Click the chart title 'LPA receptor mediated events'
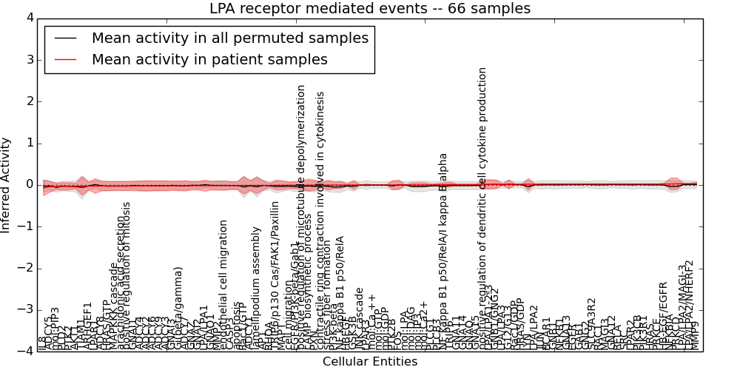click(369, 9)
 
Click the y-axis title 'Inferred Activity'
click(7, 185)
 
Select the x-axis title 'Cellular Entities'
click(369, 362)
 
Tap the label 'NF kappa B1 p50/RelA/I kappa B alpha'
click(443, 244)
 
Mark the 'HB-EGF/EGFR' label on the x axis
click(663, 314)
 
